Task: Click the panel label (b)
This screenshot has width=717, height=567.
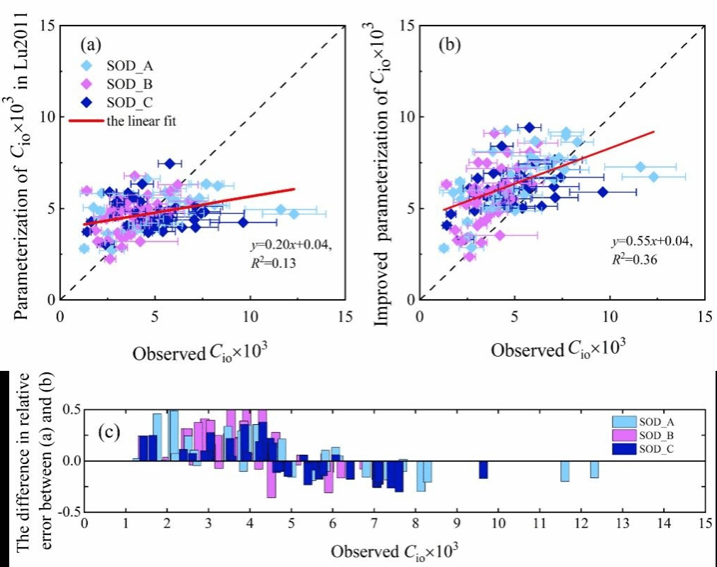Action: [449, 45]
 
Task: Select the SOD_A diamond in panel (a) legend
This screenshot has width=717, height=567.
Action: [86, 66]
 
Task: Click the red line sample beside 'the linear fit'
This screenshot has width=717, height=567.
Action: [86, 121]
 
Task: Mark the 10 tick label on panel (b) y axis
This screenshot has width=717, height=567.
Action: [408, 117]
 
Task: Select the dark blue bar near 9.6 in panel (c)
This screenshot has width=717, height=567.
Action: [483, 470]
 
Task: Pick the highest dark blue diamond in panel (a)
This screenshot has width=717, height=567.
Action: [170, 163]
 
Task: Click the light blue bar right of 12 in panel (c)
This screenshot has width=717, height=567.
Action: [594, 469]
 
